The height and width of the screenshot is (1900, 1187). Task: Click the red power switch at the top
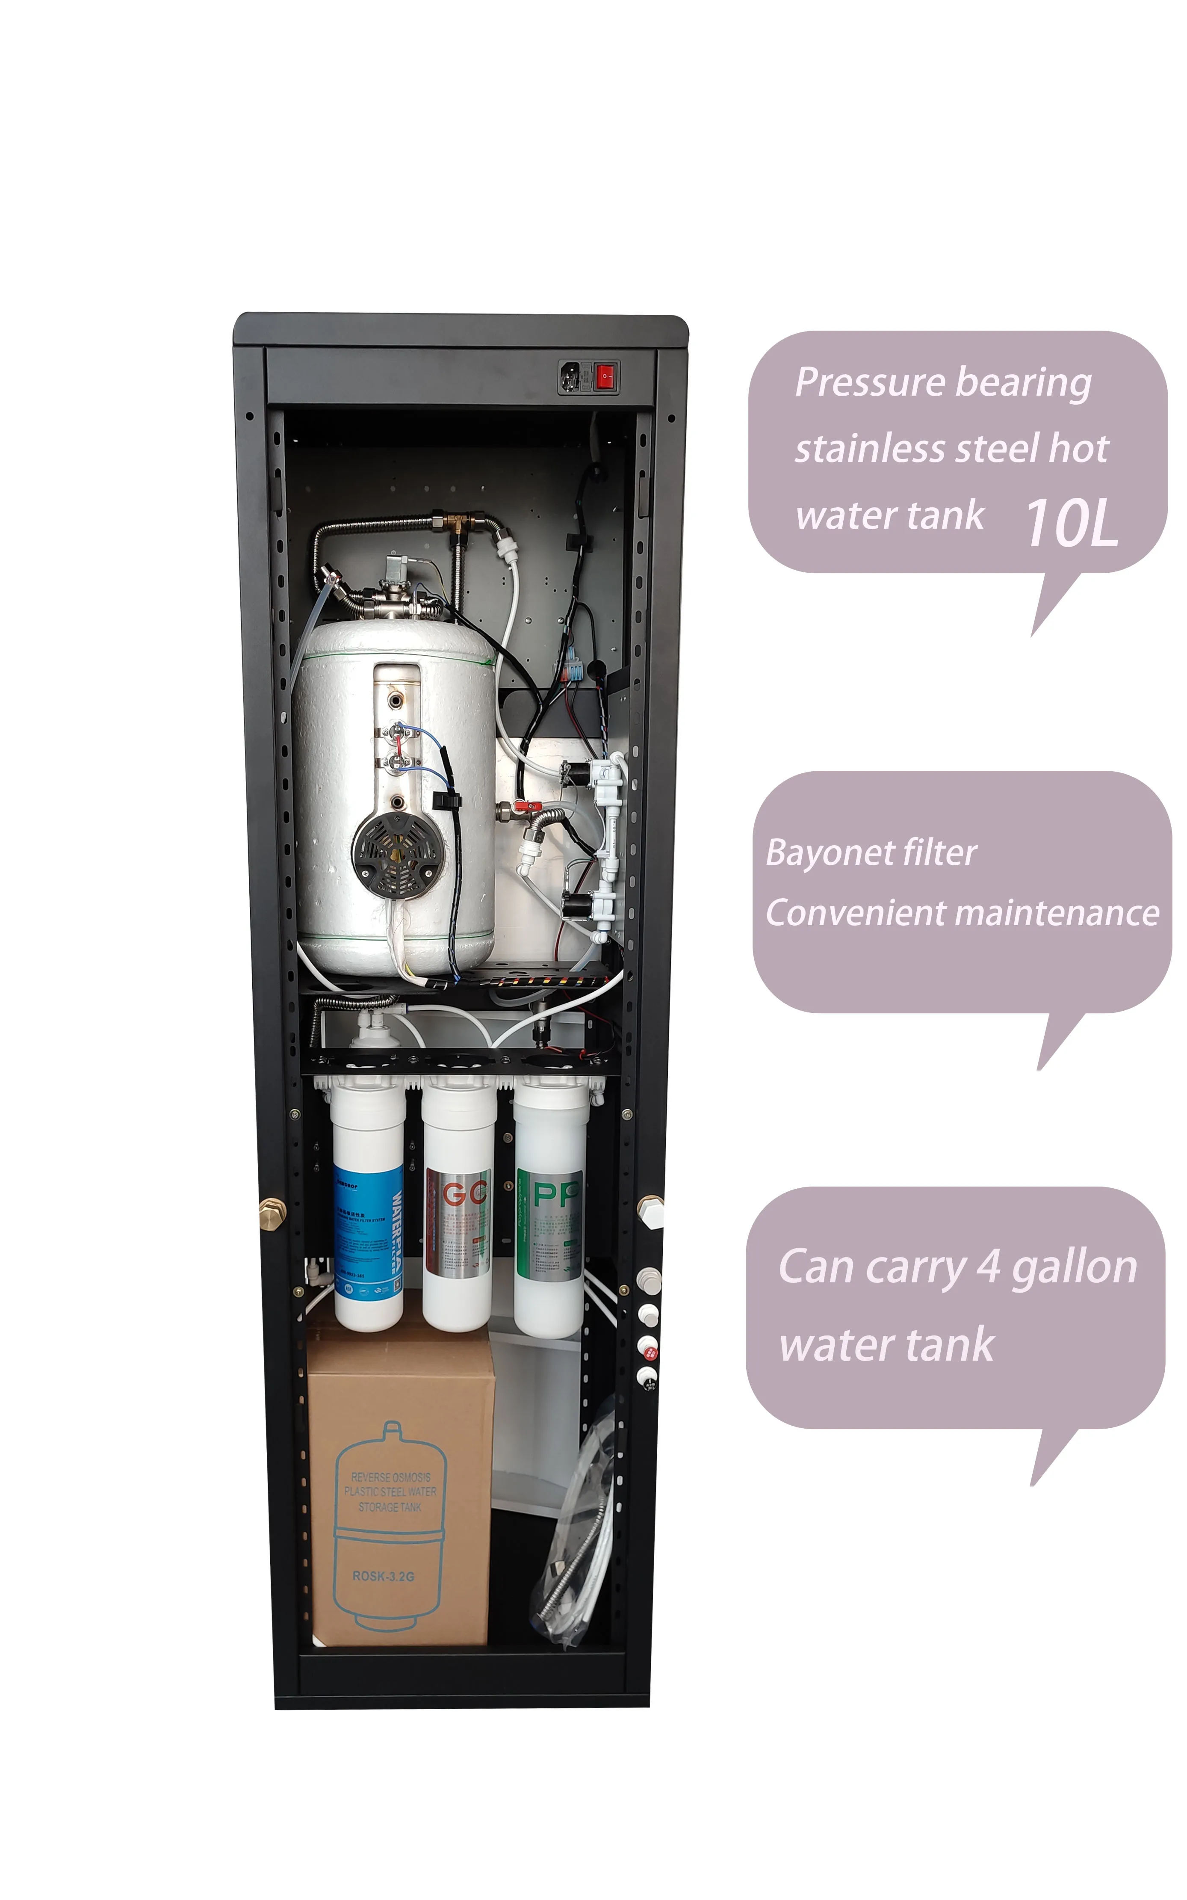click(x=604, y=377)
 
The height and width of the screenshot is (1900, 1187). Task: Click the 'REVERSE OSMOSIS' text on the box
click(x=390, y=1477)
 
